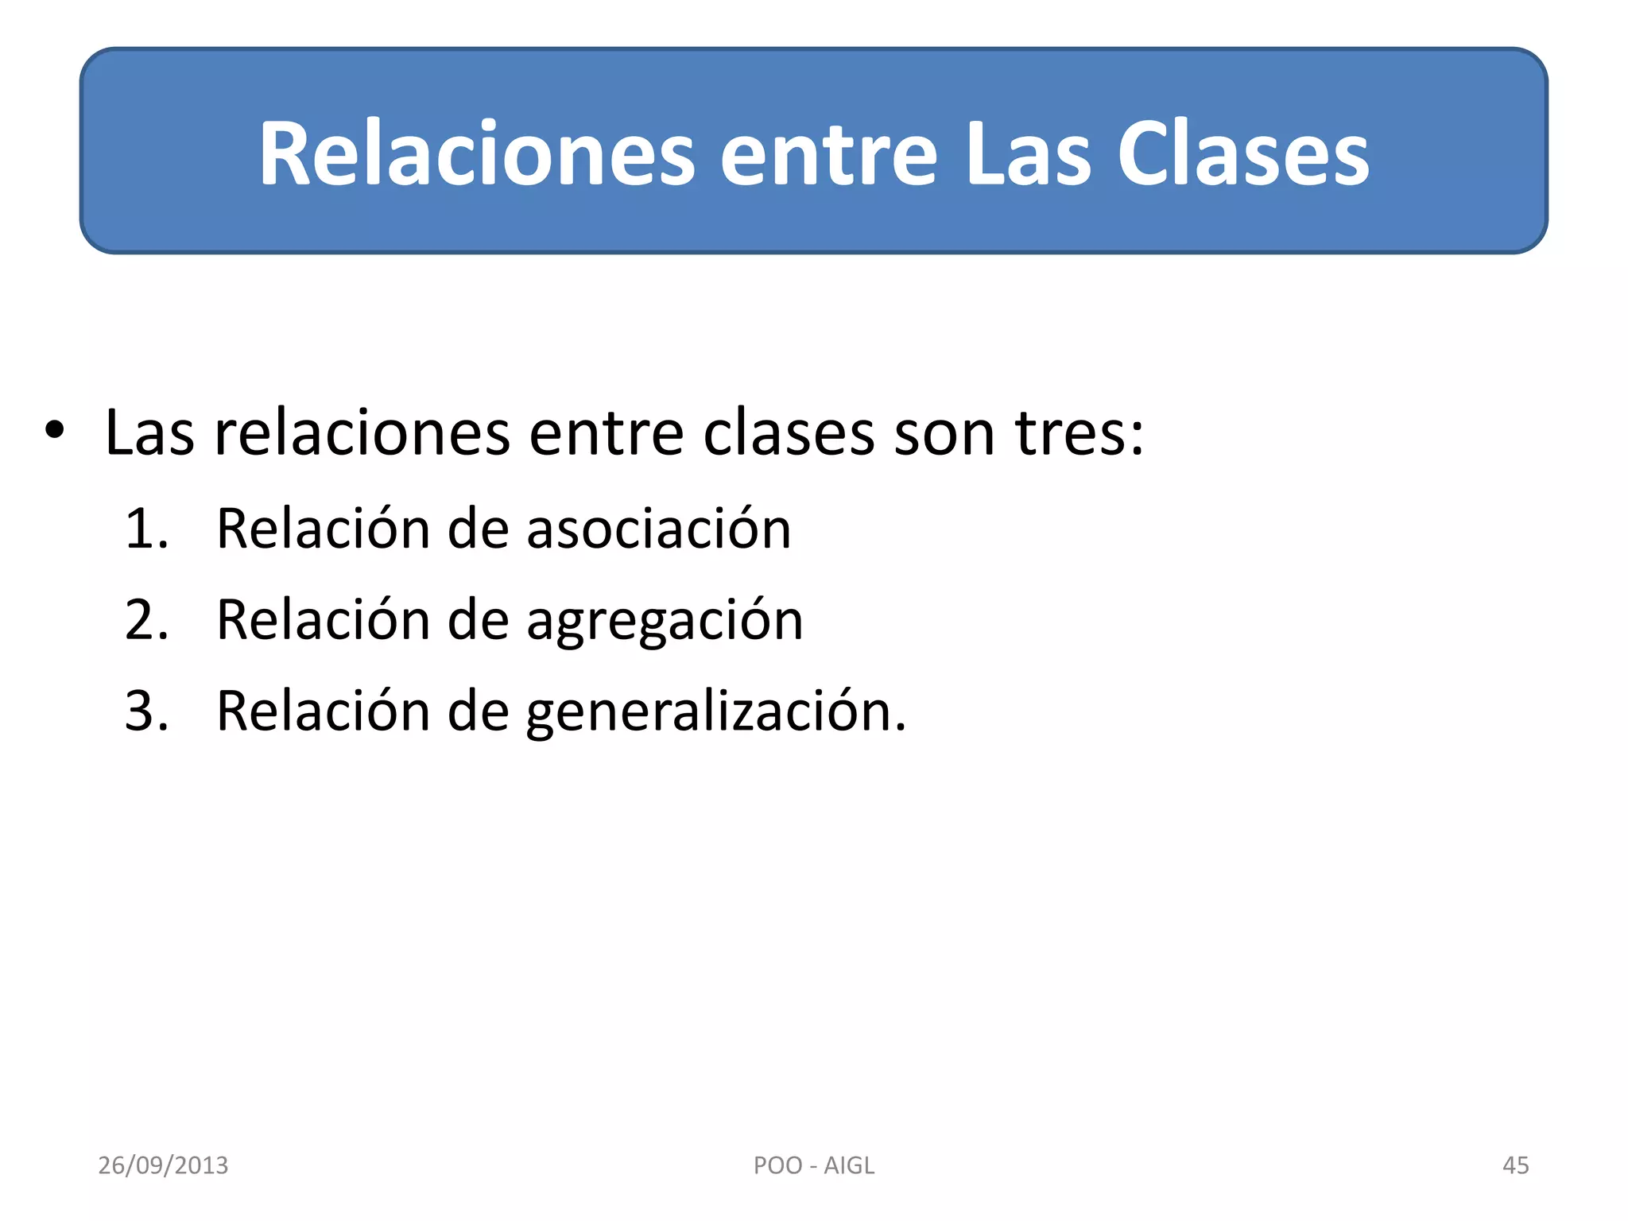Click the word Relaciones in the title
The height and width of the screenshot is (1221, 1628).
[477, 153]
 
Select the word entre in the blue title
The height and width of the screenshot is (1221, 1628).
[828, 153]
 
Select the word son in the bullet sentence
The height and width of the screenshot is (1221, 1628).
[944, 433]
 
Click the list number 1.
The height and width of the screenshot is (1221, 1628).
[146, 529]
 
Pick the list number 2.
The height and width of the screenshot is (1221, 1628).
[146, 620]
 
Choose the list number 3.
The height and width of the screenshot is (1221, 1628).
[146, 711]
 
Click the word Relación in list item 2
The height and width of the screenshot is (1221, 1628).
[323, 620]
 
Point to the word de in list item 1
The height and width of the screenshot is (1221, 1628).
[478, 529]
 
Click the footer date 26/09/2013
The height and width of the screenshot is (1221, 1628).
[163, 1165]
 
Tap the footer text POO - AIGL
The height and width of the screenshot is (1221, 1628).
[813, 1165]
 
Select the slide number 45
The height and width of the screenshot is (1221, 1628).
[1515, 1165]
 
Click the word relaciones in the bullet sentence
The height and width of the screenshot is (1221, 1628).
[362, 433]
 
